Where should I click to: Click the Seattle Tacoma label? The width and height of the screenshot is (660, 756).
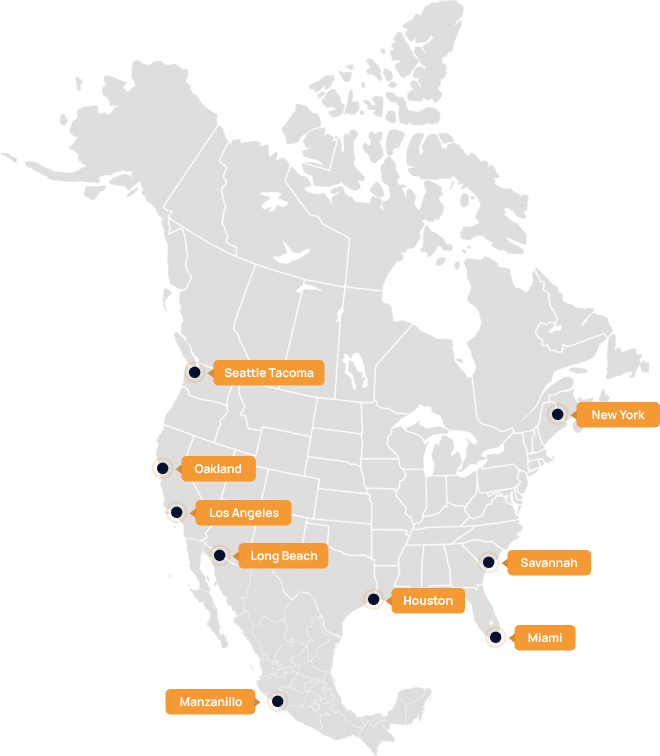coord(268,373)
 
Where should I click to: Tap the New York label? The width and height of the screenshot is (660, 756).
coord(617,415)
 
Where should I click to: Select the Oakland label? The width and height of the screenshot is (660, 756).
coord(217,468)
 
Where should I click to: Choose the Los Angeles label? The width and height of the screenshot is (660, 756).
coord(243,513)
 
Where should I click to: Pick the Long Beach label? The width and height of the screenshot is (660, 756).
coord(283,556)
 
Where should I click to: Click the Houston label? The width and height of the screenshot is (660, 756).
coord(427,601)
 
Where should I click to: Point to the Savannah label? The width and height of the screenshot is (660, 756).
coord(548,563)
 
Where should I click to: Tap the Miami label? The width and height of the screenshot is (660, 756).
coord(544,637)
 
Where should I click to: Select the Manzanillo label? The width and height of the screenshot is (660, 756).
coord(210,702)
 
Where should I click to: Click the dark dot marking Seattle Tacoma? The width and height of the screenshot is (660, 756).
coord(195,372)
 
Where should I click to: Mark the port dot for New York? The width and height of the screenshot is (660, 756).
coord(557,413)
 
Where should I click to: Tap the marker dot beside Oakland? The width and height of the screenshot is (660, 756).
coord(162,467)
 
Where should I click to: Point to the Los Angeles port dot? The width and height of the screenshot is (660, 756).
coord(177,512)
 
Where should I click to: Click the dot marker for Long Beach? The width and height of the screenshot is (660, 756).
coord(220,555)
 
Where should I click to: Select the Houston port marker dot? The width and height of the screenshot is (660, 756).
coord(373,600)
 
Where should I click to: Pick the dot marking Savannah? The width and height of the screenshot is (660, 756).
coord(489,562)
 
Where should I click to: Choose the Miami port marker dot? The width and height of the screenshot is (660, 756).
coord(495,636)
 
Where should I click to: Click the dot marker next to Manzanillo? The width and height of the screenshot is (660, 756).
coord(277,701)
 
